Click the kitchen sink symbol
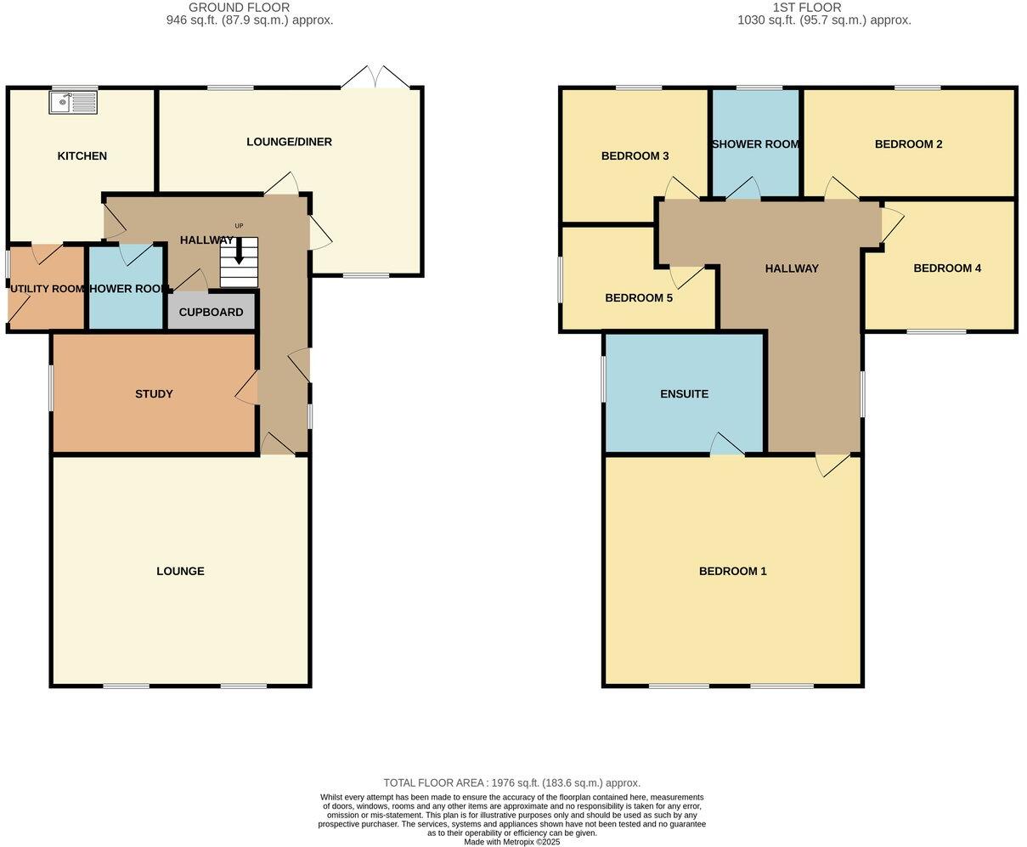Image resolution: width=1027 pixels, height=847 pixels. pyautogui.click(x=74, y=103)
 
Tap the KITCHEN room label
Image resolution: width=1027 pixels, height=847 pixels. pyautogui.click(x=82, y=155)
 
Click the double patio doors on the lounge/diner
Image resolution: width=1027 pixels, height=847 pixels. pyautogui.click(x=375, y=78)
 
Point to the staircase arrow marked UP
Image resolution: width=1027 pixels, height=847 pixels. pyautogui.click(x=239, y=249)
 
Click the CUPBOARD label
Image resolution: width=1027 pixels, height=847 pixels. pyautogui.click(x=211, y=312)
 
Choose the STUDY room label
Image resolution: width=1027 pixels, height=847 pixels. pyautogui.click(x=154, y=393)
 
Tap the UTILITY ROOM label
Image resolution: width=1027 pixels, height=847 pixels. pyautogui.click(x=47, y=289)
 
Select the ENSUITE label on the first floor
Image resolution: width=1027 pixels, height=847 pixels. pyautogui.click(x=684, y=393)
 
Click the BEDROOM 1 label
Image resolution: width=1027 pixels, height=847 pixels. pyautogui.click(x=732, y=571)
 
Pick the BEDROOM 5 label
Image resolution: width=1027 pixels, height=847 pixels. pyautogui.click(x=639, y=297)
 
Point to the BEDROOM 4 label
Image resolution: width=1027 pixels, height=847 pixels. pyautogui.click(x=947, y=268)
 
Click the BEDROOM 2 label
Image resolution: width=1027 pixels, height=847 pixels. pyautogui.click(x=908, y=144)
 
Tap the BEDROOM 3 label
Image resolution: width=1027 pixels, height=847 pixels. pyautogui.click(x=635, y=155)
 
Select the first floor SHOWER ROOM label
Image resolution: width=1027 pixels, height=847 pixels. pyautogui.click(x=755, y=144)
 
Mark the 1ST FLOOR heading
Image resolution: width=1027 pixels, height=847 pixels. pyautogui.click(x=806, y=8)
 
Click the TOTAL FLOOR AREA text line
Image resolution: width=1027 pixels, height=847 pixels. pyautogui.click(x=511, y=782)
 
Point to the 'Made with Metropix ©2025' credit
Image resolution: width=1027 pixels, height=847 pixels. pyautogui.click(x=511, y=841)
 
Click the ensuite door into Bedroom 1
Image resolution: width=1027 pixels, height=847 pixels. pyautogui.click(x=726, y=445)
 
